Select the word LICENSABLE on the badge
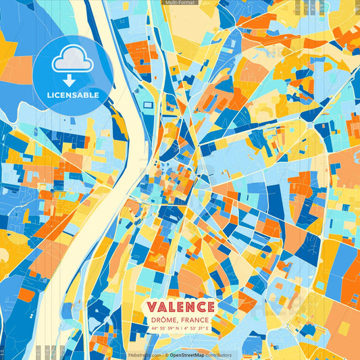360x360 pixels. (73, 95)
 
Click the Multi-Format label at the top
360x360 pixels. (180, 3)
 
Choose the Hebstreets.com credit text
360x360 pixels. (143, 355)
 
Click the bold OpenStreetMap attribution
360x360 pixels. (188, 355)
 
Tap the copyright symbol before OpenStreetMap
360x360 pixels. (165, 355)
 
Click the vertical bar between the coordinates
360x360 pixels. (180, 328)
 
